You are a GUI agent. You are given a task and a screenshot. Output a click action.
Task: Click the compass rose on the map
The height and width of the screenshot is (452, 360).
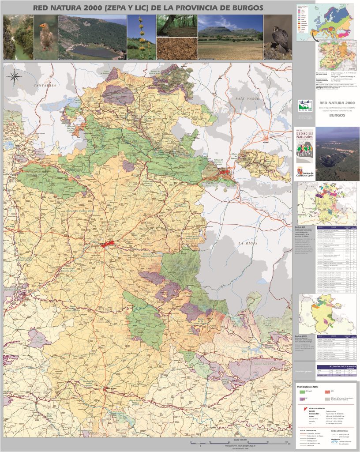[14, 76]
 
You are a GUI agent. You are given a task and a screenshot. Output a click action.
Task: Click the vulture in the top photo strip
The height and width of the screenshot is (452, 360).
[45, 38]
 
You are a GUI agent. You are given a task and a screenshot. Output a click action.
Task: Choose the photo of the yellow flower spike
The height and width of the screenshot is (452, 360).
[141, 38]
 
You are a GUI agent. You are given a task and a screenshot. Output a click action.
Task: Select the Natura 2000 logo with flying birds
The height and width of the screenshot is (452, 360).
[305, 105]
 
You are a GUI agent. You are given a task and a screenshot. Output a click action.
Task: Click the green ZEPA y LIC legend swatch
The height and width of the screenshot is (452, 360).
[302, 391]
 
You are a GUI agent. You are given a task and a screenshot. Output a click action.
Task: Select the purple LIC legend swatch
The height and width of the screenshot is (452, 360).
[302, 399]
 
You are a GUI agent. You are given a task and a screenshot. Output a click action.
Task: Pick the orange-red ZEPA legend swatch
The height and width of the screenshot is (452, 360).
[327, 391]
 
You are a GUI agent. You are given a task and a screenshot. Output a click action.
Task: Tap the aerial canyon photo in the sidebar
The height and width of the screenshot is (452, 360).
[337, 154]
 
